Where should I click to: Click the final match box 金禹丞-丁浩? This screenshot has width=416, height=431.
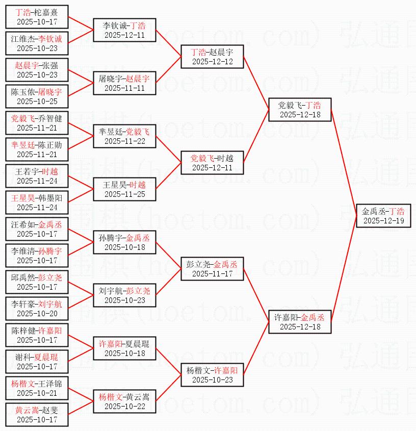[383, 216]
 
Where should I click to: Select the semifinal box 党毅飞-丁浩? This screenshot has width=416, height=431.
[300, 110]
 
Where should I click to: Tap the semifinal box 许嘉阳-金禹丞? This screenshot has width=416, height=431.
[300, 322]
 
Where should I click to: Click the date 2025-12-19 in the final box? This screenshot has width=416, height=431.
[383, 221]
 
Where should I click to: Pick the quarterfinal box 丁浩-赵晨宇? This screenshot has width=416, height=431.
[212, 57]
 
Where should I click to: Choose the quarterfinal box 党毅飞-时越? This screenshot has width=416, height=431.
[212, 163]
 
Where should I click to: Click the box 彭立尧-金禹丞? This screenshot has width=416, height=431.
[212, 269]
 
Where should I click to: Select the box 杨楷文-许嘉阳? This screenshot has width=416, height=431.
[212, 375]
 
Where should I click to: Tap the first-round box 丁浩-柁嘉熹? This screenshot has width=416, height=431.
[37, 17]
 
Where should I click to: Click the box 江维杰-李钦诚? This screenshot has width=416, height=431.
[37, 43]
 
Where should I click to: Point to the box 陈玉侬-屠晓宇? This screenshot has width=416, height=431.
[37, 96]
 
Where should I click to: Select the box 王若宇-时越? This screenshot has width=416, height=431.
[37, 176]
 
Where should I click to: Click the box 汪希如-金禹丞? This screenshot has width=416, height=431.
[37, 229]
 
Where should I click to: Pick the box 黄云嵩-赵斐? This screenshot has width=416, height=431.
[37, 415]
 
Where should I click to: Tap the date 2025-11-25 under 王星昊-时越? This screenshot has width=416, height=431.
[124, 194]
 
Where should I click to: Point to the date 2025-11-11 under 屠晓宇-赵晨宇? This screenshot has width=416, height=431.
[124, 88]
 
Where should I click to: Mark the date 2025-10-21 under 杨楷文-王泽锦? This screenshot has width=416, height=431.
[37, 393]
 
